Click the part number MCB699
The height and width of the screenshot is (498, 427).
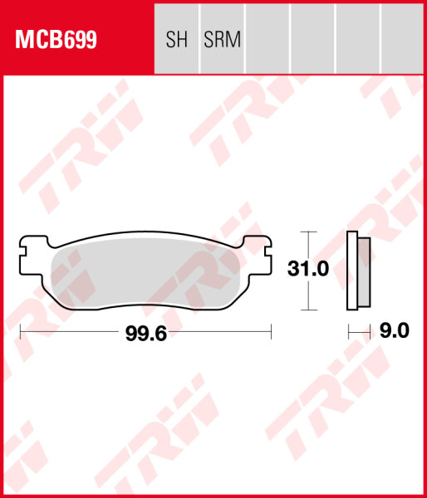click(53, 39)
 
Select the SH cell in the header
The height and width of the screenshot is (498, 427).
click(177, 39)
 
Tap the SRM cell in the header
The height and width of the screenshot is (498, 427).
click(222, 39)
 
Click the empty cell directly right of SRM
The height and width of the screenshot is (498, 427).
click(267, 39)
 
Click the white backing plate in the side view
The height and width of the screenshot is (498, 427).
click(352, 270)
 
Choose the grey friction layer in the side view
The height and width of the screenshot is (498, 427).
click(364, 270)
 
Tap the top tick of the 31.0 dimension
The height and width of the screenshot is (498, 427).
click(308, 231)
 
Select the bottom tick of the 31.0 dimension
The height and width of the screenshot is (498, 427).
click(308, 309)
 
